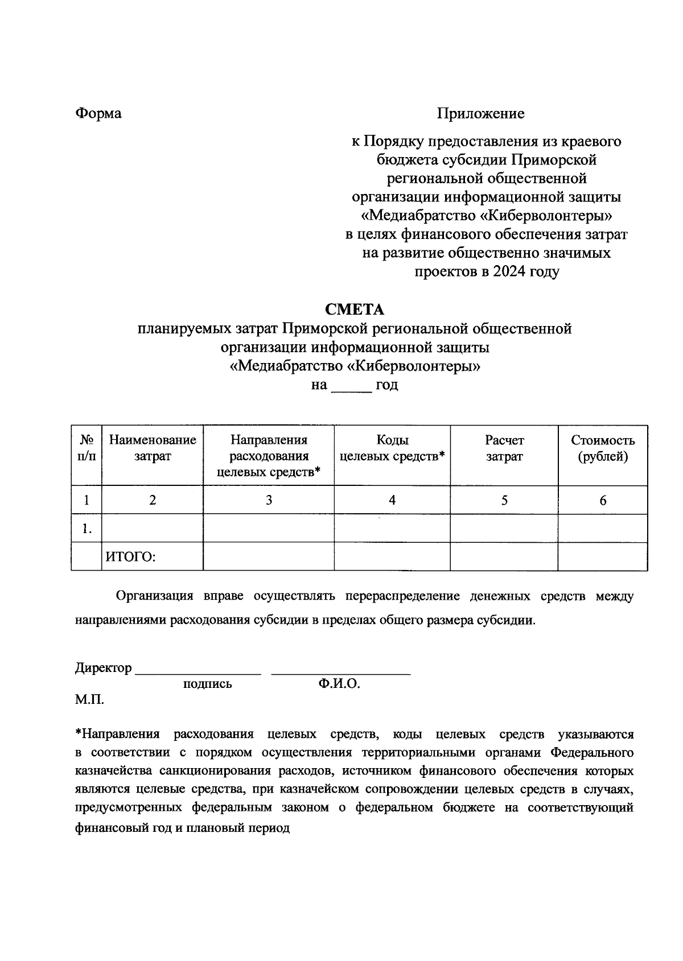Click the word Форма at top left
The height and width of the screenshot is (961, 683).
[98, 114]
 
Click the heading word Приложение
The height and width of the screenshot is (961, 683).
[480, 114]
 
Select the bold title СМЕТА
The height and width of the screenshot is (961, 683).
[354, 310]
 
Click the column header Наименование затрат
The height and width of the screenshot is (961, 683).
[153, 448]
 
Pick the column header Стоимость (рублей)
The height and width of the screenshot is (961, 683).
[603, 448]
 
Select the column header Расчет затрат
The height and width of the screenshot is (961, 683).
[504, 448]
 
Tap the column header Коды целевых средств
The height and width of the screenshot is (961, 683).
[392, 448]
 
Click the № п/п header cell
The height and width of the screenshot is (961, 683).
[87, 448]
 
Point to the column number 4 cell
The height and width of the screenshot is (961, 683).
[392, 500]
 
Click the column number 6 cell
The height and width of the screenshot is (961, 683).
[603, 500]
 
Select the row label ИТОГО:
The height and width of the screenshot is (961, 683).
[130, 557]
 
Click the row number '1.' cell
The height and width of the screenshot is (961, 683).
[87, 529]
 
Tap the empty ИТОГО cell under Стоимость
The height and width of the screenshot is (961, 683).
[603, 556]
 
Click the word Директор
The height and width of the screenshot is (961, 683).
[103, 668]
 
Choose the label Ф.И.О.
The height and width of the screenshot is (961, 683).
[339, 684]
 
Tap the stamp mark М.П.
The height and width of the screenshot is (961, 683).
[89, 699]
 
